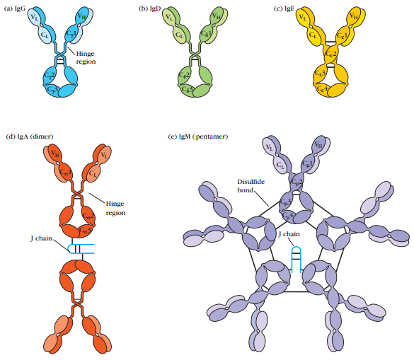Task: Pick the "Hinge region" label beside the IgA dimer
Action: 115,207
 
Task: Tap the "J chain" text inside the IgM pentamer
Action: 289,233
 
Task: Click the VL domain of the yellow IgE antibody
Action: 304,18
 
